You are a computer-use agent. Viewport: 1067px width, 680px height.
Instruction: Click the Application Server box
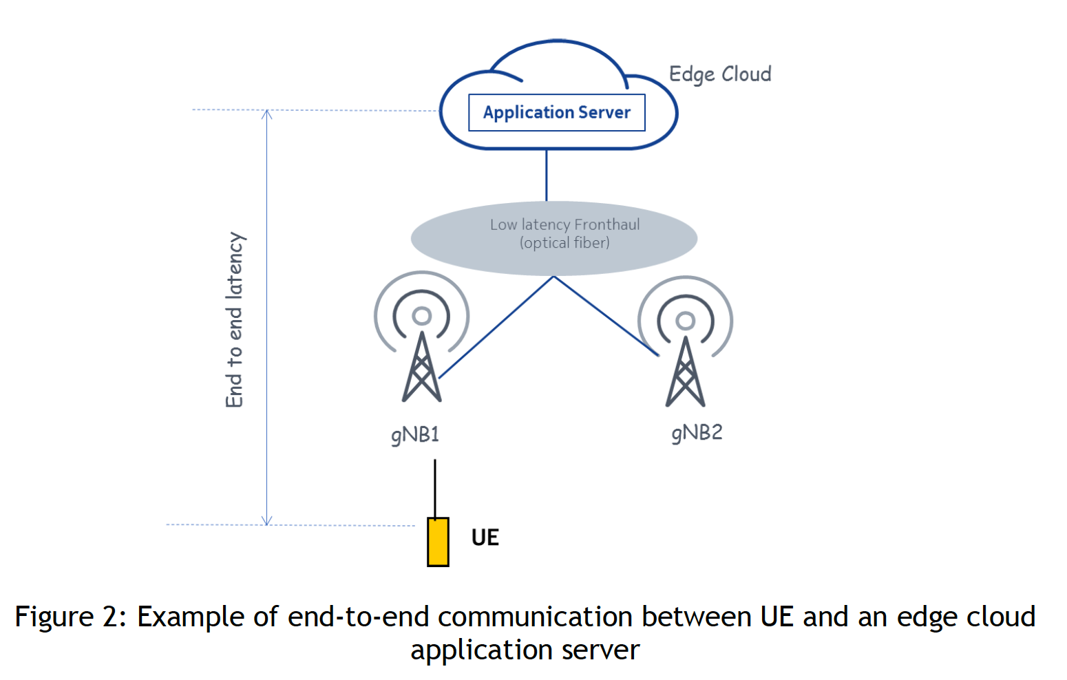[556, 112]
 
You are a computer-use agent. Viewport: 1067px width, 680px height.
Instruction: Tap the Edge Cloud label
[719, 74]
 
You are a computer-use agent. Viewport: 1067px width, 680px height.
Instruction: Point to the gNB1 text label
[415, 435]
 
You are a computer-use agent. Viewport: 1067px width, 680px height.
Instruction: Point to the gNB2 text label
[697, 433]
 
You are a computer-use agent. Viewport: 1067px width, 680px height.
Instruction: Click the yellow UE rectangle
[438, 542]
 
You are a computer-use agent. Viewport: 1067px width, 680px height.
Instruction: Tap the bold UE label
[485, 538]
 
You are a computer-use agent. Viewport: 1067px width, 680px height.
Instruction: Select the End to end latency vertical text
[235, 320]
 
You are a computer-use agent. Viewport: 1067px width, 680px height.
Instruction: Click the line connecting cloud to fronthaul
[547, 175]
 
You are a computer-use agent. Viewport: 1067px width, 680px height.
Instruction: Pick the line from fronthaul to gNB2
[606, 316]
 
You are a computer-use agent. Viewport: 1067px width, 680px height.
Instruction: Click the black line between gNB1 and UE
[435, 489]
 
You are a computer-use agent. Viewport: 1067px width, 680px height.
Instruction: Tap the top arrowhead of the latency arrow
[267, 114]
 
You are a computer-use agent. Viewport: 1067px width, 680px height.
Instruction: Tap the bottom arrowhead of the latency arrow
[267, 521]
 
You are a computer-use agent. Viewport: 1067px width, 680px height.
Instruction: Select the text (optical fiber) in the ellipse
[564, 243]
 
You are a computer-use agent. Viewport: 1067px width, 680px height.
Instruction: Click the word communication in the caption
[535, 617]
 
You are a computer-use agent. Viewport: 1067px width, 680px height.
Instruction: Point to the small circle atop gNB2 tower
[686, 320]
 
